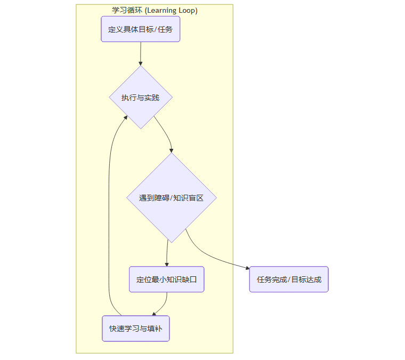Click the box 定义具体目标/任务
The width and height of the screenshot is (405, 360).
pos(141,29)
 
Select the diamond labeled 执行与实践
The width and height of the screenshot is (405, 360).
pos(141,98)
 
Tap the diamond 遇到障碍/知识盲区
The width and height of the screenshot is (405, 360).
pos(171,198)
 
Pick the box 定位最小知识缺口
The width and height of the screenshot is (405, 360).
pos(166,279)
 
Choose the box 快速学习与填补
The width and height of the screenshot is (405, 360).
pos(136,329)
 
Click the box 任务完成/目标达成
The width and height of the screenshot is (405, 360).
pos(289,279)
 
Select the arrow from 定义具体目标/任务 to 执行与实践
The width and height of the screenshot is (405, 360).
pos(141,53)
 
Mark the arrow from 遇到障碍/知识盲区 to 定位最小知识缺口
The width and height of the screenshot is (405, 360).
pos(167,253)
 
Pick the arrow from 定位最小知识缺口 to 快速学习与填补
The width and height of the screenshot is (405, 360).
pos(163,304)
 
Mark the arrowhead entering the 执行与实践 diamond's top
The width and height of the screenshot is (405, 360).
pos(141,62)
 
